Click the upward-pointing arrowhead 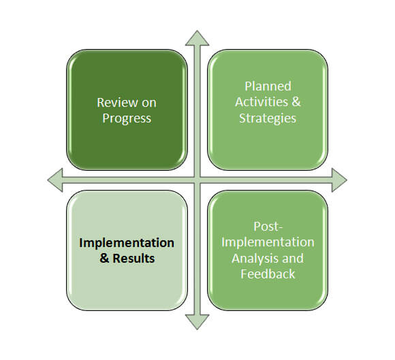point(197,39)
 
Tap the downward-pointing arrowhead point(197,322)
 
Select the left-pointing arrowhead point(55,180)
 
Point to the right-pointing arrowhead point(339,180)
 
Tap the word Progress point(127,118)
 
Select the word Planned point(268,86)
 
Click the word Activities point(262,102)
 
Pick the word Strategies point(268,118)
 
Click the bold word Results point(133,259)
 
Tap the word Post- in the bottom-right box point(268,227)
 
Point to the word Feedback point(268,274)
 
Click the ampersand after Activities point(296,102)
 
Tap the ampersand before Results point(104,259)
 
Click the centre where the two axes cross point(197,180)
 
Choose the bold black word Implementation point(127,244)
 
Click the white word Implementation point(268,243)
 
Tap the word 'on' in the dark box point(149,103)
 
